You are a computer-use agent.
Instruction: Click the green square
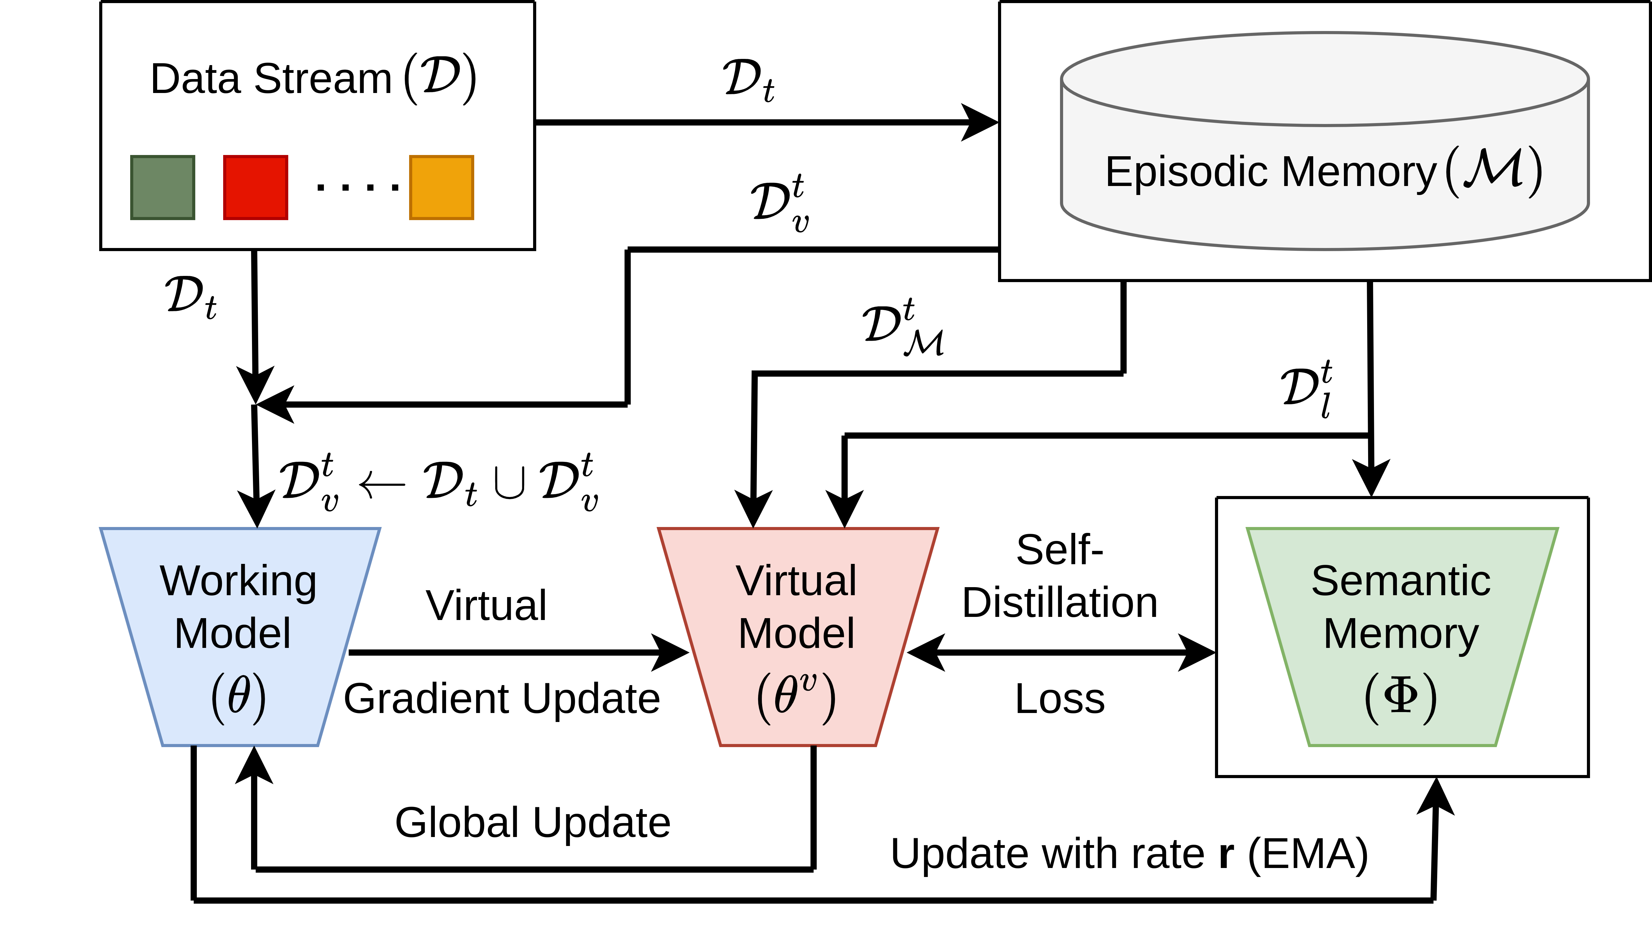(162, 187)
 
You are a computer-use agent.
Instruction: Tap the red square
(255, 187)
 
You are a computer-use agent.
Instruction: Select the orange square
(441, 187)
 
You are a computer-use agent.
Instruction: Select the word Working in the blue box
(238, 581)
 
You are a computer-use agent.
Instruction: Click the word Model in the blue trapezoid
(233, 634)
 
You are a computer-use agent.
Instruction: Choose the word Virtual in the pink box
(796, 581)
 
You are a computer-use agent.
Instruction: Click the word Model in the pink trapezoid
(796, 634)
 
